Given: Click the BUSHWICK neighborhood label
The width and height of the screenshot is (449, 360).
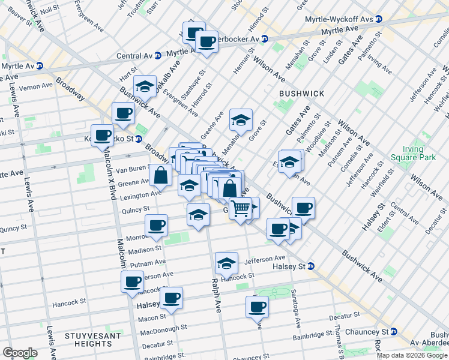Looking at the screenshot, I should point(301,94).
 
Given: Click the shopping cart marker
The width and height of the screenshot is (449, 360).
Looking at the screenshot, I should point(240,208).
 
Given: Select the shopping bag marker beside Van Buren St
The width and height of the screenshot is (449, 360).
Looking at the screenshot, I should point(161,175).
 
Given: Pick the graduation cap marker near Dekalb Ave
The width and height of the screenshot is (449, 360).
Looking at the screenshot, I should point(145,88).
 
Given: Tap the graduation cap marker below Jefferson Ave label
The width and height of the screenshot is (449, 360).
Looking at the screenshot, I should point(227,263).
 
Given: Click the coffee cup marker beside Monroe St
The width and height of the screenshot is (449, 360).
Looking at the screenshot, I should point(157,225).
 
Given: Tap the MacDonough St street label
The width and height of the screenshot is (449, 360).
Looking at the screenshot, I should point(164,328).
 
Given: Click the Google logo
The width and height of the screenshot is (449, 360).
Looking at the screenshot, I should point(20,353).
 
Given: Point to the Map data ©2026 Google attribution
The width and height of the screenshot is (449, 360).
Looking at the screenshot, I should point(411,355).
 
